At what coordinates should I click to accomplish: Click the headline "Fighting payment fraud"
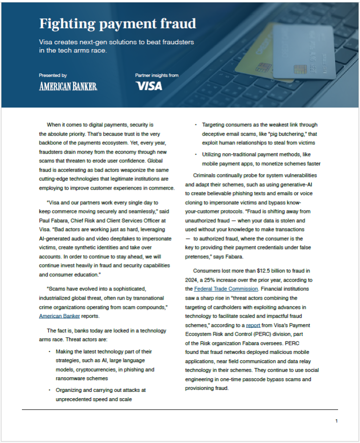point(118,23)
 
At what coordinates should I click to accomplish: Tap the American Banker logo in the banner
point(68,87)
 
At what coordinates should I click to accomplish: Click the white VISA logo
point(149,87)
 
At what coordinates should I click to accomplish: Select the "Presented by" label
point(53,75)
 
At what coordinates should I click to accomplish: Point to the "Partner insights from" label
point(157,75)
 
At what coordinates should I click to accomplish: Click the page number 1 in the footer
point(336,421)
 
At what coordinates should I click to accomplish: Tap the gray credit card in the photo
point(304,51)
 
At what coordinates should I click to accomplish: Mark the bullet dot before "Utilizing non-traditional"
point(195,154)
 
